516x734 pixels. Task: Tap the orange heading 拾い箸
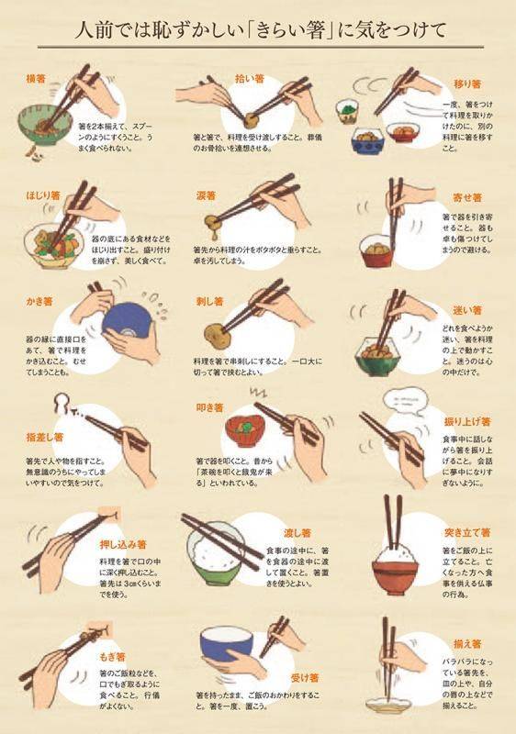pos(223,79)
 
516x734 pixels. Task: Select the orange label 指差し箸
pos(45,438)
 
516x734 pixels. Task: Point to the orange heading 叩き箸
pos(210,406)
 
